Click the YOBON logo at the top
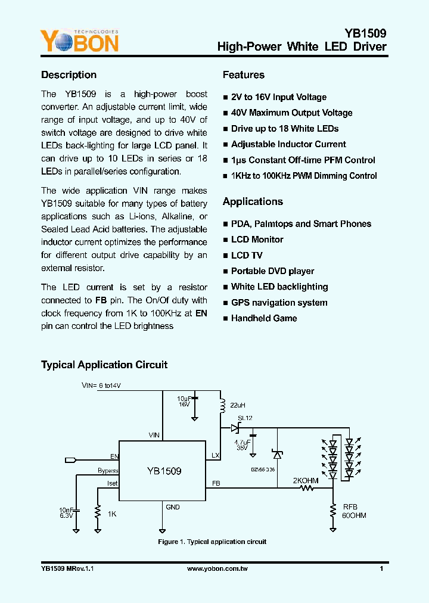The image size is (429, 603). tap(79, 41)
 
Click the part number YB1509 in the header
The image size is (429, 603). tap(365, 33)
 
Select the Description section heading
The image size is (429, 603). tap(69, 75)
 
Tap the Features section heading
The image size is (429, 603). tap(244, 75)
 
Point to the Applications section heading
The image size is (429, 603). tap(253, 201)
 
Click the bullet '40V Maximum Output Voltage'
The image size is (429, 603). tap(291, 113)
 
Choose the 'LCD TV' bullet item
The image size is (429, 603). tap(247, 255)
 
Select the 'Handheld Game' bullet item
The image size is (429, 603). tap(264, 318)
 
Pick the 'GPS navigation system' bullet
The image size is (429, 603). tap(279, 303)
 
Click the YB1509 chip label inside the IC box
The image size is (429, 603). tap(164, 471)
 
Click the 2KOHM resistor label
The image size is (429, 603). tap(305, 480)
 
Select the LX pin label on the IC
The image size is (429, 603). tap(215, 455)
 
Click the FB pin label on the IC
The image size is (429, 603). tap(216, 483)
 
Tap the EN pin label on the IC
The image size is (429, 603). tap(114, 456)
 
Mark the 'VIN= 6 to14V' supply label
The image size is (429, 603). tap(101, 386)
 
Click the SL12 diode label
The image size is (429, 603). tap(245, 418)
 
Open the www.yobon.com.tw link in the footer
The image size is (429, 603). tap(217, 569)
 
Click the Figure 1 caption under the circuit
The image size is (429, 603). tap(212, 542)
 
